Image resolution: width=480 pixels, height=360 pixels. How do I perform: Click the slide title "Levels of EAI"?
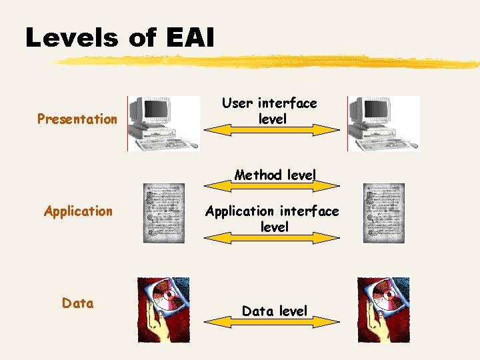coord(120,37)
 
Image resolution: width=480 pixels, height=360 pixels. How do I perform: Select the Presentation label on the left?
coord(77,119)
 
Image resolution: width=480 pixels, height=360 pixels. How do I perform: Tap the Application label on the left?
coord(78,211)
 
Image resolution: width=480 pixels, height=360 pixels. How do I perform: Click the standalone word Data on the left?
coord(77,303)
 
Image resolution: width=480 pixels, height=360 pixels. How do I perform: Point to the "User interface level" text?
coord(269,111)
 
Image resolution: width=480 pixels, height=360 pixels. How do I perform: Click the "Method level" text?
coord(275,175)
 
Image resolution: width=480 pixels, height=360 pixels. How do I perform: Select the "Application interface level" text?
coord(272,219)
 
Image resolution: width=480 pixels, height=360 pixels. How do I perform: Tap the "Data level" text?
coord(274,311)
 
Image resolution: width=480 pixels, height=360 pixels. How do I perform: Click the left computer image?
coord(163,123)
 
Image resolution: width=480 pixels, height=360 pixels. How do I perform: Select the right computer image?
coord(383,123)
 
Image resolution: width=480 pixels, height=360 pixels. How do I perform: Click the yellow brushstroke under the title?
coord(267,62)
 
